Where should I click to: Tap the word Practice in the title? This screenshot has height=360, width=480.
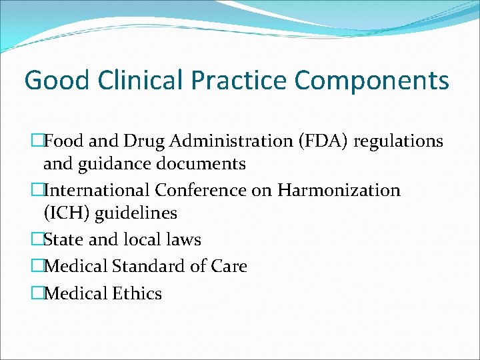pyautogui.click(x=238, y=81)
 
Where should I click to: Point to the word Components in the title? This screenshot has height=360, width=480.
pyautogui.click(x=372, y=81)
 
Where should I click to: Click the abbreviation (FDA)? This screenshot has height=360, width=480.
pyautogui.click(x=324, y=141)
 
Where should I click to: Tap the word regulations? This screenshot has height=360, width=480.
pyautogui.click(x=399, y=141)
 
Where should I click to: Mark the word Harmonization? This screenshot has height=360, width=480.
pyautogui.click(x=339, y=191)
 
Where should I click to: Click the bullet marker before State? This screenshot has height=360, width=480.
pyautogui.click(x=38, y=240)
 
